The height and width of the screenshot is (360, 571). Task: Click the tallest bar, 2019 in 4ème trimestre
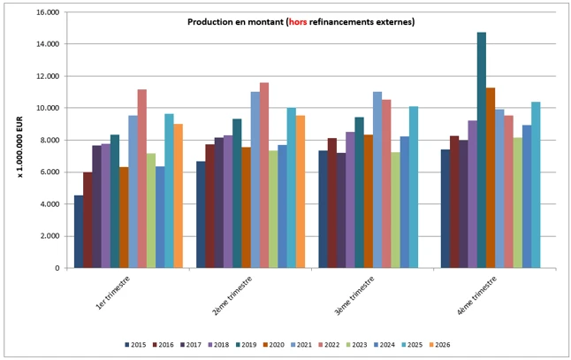pyautogui.click(x=482, y=150)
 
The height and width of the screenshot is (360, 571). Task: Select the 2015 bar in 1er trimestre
pyautogui.click(x=79, y=232)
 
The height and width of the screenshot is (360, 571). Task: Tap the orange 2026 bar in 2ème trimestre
pyautogui.click(x=301, y=192)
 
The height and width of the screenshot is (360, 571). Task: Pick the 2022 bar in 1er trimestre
pyautogui.click(x=142, y=179)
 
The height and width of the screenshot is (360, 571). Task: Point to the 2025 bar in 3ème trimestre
pyautogui.click(x=414, y=188)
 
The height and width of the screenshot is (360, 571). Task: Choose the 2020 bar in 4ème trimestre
pyautogui.click(x=491, y=178)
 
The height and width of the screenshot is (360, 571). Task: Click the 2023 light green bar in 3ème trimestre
pyautogui.click(x=395, y=211)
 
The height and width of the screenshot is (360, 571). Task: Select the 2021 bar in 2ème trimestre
pyautogui.click(x=255, y=180)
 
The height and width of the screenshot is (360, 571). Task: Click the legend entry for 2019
pyautogui.click(x=247, y=345)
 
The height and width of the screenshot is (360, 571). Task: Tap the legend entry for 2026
pyautogui.click(x=440, y=345)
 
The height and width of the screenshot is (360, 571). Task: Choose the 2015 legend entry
pyautogui.click(x=135, y=345)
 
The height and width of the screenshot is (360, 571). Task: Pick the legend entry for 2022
pyautogui.click(x=329, y=345)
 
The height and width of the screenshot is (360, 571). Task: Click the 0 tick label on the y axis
pyautogui.click(x=57, y=268)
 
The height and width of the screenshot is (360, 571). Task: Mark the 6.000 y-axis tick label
pyautogui.click(x=49, y=172)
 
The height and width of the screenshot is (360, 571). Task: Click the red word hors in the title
pyautogui.click(x=298, y=22)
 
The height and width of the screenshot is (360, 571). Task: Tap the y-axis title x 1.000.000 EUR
pyautogui.click(x=20, y=147)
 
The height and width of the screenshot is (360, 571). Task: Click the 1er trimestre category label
pyautogui.click(x=113, y=294)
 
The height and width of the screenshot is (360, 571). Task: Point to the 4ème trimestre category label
pyautogui.click(x=477, y=295)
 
